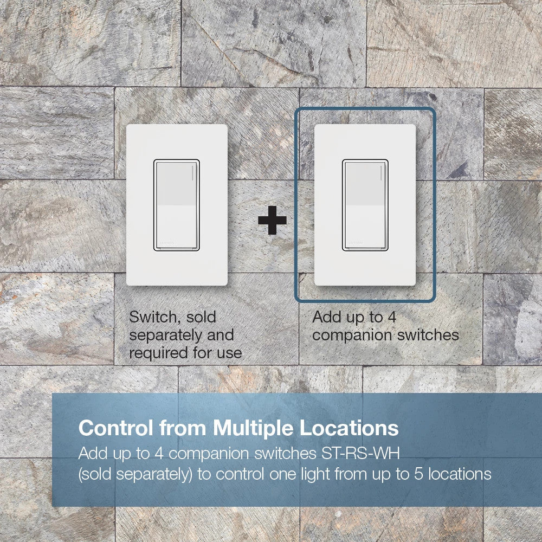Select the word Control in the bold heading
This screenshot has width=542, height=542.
pos(114,428)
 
